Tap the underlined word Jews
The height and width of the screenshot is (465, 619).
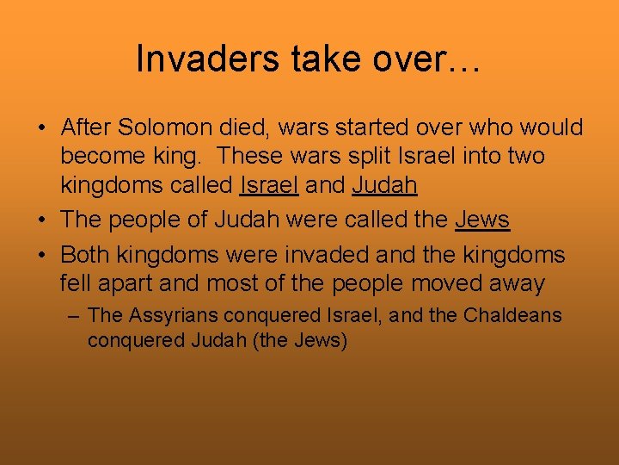[x=482, y=220]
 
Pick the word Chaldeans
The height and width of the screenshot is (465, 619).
[x=512, y=316]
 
